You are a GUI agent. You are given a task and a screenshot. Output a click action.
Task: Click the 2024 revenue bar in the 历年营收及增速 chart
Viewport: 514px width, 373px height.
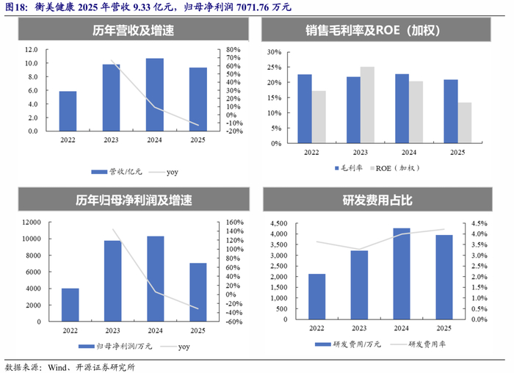[155, 95]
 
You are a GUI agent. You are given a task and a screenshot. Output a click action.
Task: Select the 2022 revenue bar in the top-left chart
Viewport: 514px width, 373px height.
[68, 111]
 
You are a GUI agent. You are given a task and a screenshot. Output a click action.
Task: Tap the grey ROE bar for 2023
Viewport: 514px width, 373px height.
[367, 105]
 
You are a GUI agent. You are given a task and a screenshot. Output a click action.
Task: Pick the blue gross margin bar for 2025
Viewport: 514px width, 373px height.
[451, 111]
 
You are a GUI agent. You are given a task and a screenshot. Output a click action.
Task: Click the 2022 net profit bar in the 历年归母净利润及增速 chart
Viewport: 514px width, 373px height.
[70, 305]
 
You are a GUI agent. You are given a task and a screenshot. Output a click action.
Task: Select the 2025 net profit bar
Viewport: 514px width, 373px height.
[198, 292]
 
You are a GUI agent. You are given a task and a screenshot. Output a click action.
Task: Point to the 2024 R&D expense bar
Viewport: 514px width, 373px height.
[402, 274]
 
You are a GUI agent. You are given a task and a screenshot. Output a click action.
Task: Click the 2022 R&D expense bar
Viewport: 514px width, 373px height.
[317, 297]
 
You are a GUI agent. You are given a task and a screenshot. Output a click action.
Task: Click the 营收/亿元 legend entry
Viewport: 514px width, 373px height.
[117, 172]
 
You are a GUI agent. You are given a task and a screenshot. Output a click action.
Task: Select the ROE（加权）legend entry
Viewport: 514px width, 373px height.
[395, 168]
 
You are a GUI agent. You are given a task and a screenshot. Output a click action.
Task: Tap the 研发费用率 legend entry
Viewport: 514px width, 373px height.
[418, 344]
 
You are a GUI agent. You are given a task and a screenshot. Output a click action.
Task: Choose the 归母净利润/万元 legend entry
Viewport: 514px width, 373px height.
[115, 347]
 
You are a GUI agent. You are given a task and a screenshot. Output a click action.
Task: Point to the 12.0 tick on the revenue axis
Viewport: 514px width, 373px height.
[32, 49]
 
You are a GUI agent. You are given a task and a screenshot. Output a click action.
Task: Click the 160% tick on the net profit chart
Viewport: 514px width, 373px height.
[235, 222]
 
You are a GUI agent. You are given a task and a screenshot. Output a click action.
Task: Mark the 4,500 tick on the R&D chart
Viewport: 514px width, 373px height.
[278, 223]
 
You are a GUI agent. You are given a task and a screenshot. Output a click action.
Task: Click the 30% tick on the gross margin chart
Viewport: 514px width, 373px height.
[275, 52]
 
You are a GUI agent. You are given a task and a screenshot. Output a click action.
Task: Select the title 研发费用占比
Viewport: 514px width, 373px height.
[377, 200]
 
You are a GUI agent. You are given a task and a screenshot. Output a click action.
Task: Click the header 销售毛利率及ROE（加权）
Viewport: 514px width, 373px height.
[373, 30]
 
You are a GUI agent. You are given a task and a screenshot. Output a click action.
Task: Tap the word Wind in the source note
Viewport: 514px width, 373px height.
[57, 367]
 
